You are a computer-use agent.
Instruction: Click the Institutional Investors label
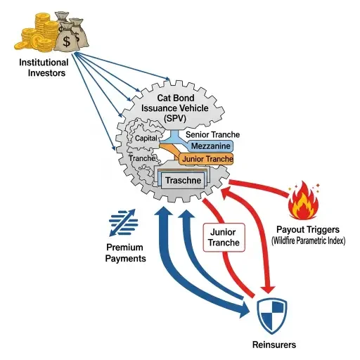coord(44,68)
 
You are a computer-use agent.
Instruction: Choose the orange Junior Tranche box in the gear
coord(206,160)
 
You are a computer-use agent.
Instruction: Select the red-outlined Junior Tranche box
coord(224,237)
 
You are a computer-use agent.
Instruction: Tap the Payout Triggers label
coord(308,229)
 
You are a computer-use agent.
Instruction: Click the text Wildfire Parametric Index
coord(307,241)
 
